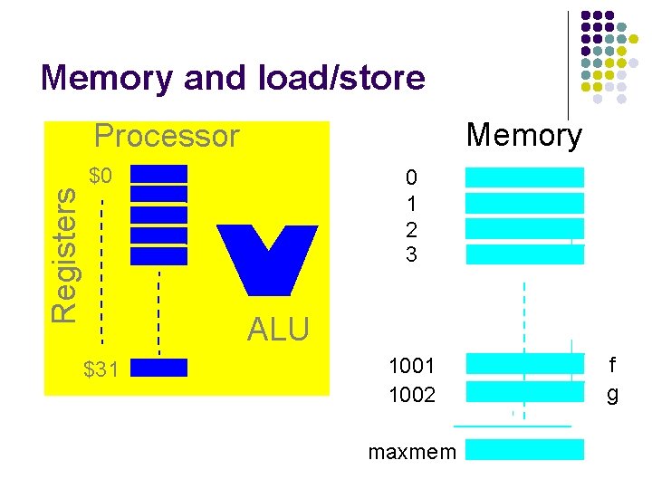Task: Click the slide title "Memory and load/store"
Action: [x=233, y=78]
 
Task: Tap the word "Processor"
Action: [x=167, y=136]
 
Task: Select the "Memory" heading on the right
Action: [x=523, y=136]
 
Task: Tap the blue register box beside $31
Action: [x=158, y=367]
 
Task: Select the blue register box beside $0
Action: [x=158, y=174]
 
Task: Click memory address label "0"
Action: [x=412, y=177]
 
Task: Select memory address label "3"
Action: [x=412, y=255]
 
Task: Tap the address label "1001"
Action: [x=412, y=366]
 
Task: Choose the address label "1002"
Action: [x=412, y=395]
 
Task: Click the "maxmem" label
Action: [x=412, y=451]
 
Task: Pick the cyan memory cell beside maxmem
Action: [x=524, y=450]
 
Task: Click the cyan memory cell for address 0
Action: [x=524, y=177]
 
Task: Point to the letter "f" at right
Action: [x=613, y=366]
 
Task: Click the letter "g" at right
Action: [x=613, y=395]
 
